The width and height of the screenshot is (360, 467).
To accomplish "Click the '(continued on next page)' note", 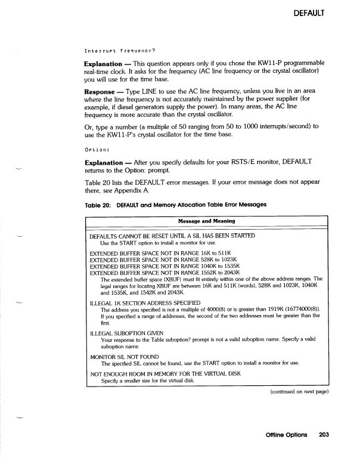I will pyautogui.click(x=296, y=392).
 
